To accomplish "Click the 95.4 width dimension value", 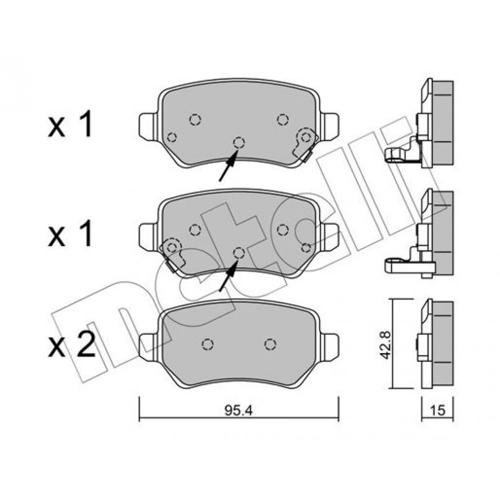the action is click(238, 410).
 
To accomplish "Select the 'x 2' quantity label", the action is click(71, 344).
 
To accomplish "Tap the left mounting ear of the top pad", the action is click(148, 126).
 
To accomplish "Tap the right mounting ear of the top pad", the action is click(329, 126).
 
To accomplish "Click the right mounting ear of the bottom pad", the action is click(329, 347).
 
